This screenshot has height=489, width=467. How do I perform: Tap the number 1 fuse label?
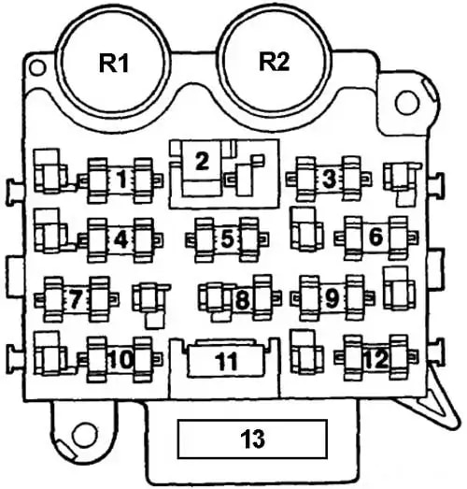(122, 180)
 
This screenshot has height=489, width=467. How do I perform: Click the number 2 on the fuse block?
(202, 162)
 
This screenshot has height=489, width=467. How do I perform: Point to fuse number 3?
(329, 179)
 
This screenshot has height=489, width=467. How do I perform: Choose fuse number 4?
(120, 239)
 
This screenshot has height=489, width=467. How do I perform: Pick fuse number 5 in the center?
(227, 239)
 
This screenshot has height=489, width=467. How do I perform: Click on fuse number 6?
(376, 237)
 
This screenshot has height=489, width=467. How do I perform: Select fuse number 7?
(77, 299)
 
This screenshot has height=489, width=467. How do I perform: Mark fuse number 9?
(333, 298)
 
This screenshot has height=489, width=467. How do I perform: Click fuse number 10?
(120, 359)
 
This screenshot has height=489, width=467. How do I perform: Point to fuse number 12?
(376, 358)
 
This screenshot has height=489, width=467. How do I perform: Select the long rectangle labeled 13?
(252, 439)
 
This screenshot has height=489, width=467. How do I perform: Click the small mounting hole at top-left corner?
(37, 67)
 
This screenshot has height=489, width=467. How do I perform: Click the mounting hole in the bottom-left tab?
(84, 434)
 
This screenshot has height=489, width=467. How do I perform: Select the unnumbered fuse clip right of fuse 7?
(151, 305)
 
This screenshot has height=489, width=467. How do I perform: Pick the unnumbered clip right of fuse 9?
(400, 288)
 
